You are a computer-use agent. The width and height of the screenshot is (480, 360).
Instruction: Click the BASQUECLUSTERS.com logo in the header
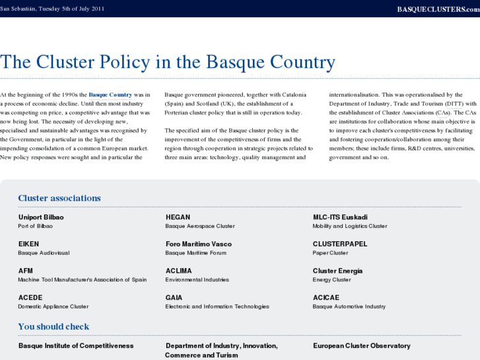coord(438,9)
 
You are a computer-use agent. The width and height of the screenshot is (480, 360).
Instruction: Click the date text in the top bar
coord(52,9)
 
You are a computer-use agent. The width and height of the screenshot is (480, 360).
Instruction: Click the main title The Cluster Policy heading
coord(168,62)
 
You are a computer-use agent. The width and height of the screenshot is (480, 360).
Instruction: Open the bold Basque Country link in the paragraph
coord(110,95)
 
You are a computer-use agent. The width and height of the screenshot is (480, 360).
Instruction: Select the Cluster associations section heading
coord(59,198)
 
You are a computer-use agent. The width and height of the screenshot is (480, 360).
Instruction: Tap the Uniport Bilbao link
coord(41,217)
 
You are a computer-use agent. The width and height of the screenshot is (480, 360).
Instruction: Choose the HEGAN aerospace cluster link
coord(178,217)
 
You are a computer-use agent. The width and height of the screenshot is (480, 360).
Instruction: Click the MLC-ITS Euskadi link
coord(340,217)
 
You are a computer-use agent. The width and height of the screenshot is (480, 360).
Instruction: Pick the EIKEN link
coord(28,244)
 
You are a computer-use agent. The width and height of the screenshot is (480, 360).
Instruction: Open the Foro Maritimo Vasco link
coord(198,244)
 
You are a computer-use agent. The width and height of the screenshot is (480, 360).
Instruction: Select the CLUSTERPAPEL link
coord(340,244)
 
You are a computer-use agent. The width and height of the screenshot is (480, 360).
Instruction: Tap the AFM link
coord(26,271)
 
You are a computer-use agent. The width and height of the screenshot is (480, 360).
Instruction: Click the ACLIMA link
coord(178,271)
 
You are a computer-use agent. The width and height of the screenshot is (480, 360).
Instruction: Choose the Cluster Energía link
coord(337,271)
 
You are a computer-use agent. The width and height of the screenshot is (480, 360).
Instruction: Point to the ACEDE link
coord(30,298)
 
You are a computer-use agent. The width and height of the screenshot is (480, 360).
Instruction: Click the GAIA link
coord(174,298)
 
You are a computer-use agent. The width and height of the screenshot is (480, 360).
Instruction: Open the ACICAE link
coord(326,298)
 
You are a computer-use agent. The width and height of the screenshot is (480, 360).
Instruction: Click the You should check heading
coord(53,326)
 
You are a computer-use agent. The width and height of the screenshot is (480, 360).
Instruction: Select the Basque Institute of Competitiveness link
coord(76,345)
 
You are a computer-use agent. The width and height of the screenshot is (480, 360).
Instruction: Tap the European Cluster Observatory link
coord(361,345)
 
